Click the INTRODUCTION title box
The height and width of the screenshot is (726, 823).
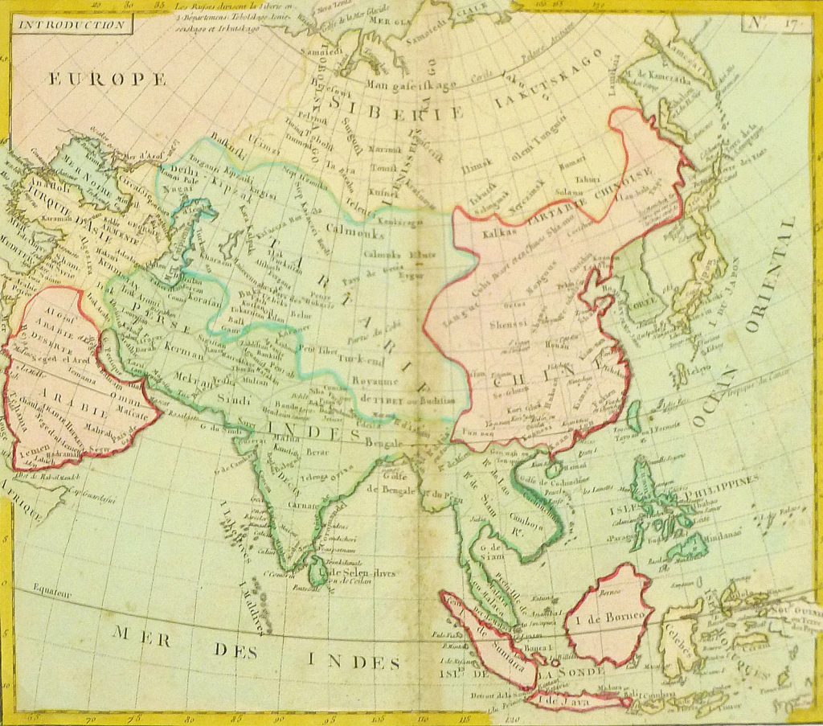71,24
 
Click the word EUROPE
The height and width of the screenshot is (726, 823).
107,79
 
